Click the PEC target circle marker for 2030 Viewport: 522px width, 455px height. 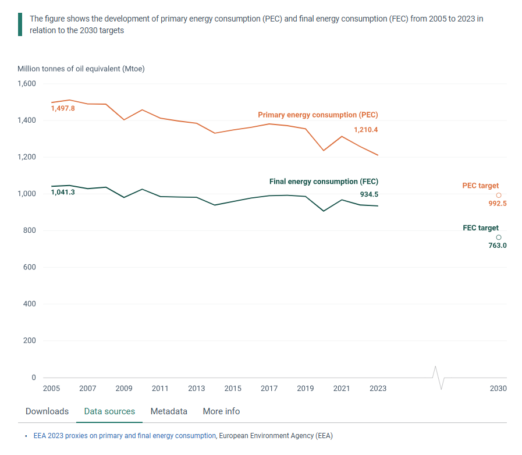(x=499, y=195)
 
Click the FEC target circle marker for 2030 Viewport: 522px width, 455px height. (x=499, y=237)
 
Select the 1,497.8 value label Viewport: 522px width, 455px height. (x=63, y=108)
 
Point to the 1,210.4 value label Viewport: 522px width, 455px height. (x=366, y=130)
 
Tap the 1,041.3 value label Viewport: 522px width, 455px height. (x=63, y=191)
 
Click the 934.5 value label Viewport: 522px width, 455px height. (x=369, y=194)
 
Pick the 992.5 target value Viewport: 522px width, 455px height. (x=498, y=204)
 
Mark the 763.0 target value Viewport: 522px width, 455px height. (x=498, y=246)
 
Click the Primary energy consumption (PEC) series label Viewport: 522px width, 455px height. (x=318, y=115)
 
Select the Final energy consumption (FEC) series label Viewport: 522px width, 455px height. (x=324, y=182)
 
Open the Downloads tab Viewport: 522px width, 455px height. (x=47, y=411)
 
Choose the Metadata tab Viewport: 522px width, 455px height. (x=169, y=411)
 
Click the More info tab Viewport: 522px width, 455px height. (x=221, y=411)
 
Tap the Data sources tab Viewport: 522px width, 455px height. (x=109, y=411)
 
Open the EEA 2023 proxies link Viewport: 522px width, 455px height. (x=125, y=435)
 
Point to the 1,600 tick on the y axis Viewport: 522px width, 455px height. (x=27, y=84)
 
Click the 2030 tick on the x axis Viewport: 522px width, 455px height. (x=498, y=389)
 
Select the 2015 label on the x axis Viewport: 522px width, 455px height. (x=233, y=389)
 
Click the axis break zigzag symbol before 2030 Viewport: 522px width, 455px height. (x=439, y=378)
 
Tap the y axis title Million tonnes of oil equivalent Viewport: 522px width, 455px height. (x=81, y=69)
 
